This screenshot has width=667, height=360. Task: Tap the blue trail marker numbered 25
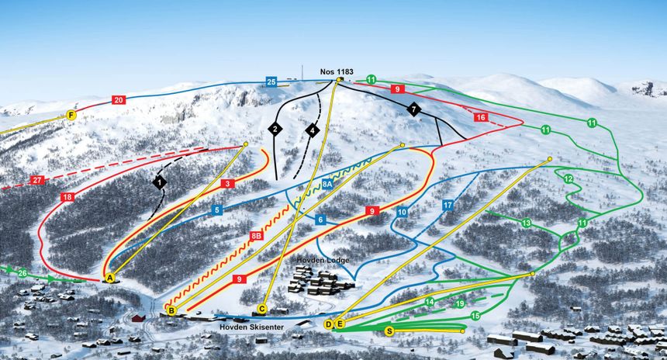pos(271,81)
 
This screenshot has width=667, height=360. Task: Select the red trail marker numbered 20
pos(118,100)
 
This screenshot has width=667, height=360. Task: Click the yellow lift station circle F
pos(71,116)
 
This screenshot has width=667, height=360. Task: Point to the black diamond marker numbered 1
pos(160,182)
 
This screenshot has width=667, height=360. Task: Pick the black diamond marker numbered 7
pos(414,109)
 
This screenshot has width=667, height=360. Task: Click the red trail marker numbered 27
pos(37,180)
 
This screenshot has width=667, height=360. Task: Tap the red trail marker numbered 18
pos(68,198)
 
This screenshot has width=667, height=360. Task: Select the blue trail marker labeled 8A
pos(327,185)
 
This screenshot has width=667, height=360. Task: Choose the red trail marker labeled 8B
pos(256,235)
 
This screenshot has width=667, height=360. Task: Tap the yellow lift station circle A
pos(109,277)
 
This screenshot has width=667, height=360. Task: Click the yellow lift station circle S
pos(389,331)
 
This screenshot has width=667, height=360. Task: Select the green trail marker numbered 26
pos(22,273)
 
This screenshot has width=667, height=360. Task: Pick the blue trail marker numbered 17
pos(448,205)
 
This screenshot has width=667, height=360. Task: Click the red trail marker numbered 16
pos(481,117)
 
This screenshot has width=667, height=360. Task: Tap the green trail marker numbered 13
pos(527,223)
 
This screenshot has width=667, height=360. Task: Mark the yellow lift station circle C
pos(262,310)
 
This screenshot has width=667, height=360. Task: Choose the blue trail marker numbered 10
pos(402,211)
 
